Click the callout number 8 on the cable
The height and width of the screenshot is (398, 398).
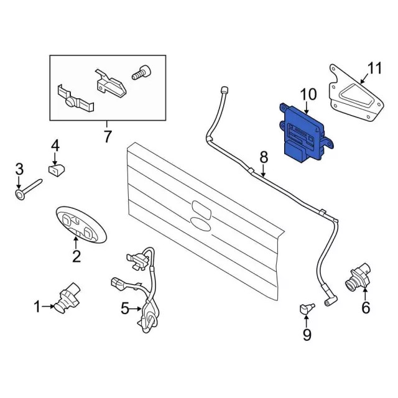(x=264, y=157)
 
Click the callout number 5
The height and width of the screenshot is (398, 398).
(x=124, y=308)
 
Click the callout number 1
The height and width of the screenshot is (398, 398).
(x=37, y=306)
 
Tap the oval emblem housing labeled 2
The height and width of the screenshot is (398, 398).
(x=81, y=224)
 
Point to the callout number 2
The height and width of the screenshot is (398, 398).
(x=76, y=256)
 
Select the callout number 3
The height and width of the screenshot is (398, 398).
(x=19, y=169)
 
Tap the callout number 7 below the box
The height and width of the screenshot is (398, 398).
(x=108, y=135)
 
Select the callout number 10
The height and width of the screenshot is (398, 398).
(x=308, y=95)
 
